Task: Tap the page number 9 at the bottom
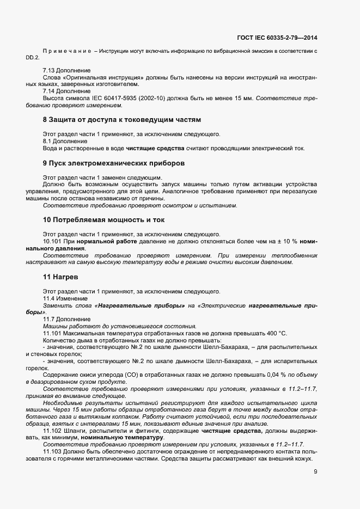(x=315, y=472)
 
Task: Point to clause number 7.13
(x=49, y=71)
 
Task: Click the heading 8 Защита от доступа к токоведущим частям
(x=122, y=119)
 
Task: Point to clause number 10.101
(x=51, y=241)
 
